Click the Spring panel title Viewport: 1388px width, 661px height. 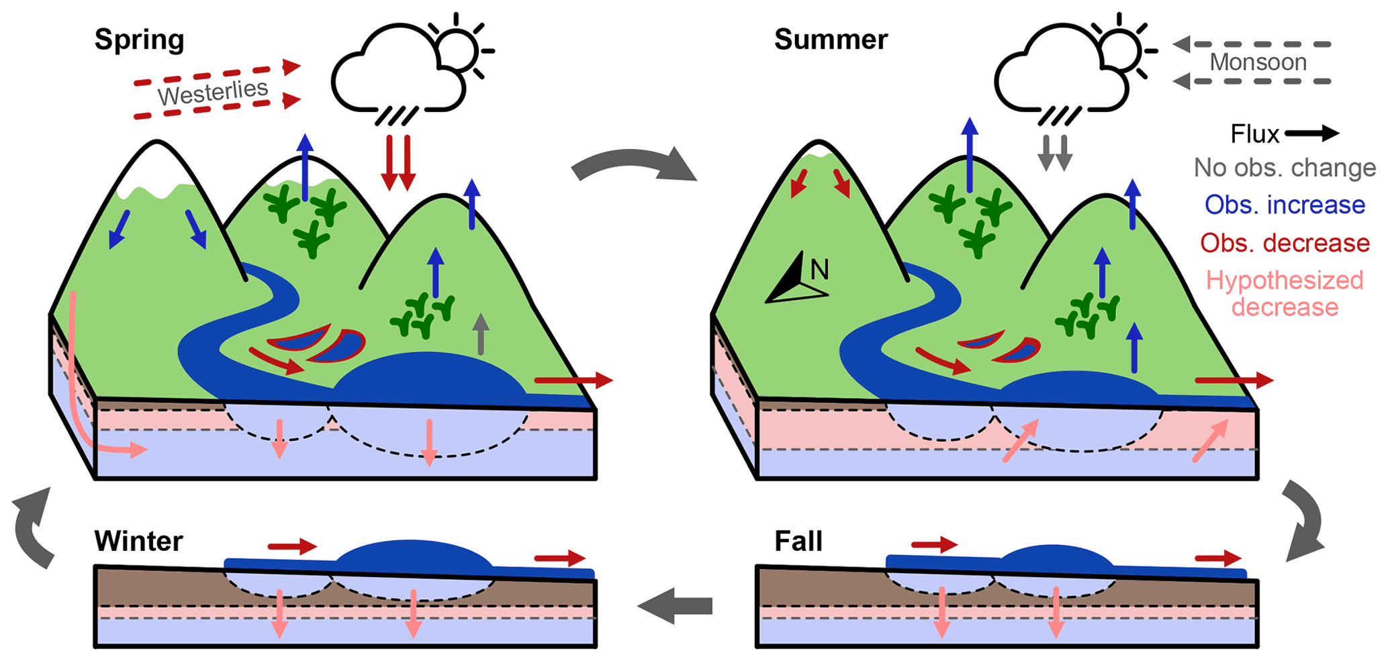click(x=139, y=40)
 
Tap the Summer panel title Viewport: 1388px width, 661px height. click(x=831, y=40)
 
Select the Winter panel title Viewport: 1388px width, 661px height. click(x=138, y=541)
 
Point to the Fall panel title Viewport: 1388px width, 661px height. click(x=798, y=541)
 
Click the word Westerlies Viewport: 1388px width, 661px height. click(x=213, y=93)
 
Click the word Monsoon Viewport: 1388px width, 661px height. click(x=1258, y=62)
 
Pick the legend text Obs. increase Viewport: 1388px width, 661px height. click(x=1285, y=205)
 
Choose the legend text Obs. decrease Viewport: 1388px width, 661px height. click(x=1285, y=243)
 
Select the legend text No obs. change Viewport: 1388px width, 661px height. click(x=1285, y=168)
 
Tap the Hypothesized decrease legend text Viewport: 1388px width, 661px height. click(x=1285, y=294)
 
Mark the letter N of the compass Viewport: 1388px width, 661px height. click(x=819, y=270)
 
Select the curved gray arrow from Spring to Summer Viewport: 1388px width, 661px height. click(x=635, y=164)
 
